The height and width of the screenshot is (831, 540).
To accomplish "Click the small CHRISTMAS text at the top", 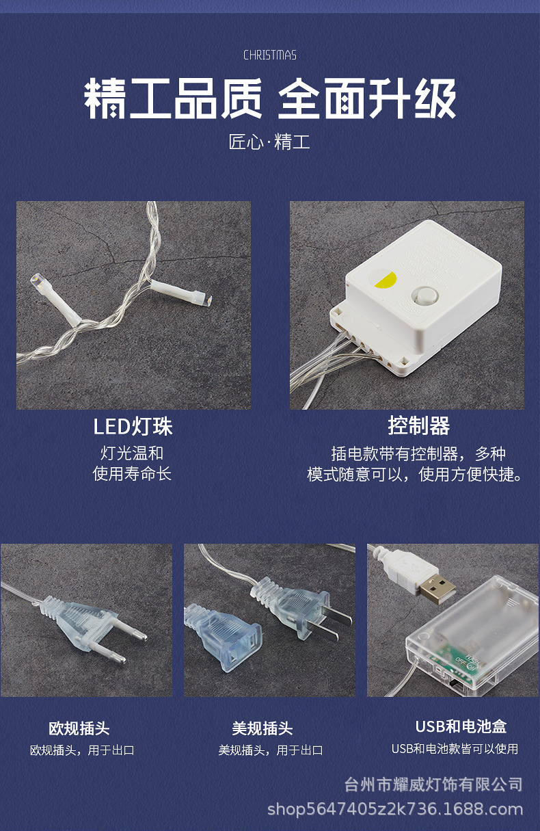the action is point(269,55).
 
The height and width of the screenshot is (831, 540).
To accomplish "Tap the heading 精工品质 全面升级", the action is point(270,99).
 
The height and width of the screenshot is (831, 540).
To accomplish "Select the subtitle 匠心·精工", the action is point(269,142).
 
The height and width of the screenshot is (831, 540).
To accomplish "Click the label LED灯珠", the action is point(133,426).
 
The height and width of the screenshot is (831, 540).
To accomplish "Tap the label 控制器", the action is point(419,425).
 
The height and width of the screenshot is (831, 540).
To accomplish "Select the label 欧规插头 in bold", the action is point(79,728).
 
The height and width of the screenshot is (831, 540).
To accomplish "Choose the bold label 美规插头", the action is point(262,728).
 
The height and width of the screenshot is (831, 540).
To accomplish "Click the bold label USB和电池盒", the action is point(461,726).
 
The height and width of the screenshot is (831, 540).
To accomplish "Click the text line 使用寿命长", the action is point(132,474).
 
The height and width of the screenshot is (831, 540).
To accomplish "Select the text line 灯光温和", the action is point(132,453).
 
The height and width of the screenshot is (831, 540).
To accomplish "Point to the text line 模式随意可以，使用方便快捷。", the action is point(415,474).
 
